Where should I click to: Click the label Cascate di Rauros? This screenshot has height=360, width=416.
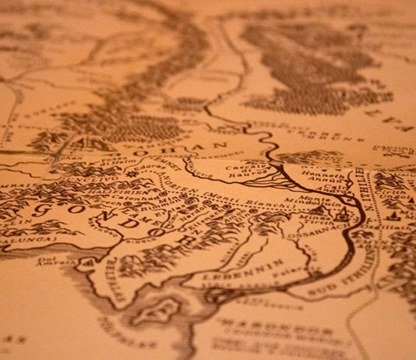tap(259, 169)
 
